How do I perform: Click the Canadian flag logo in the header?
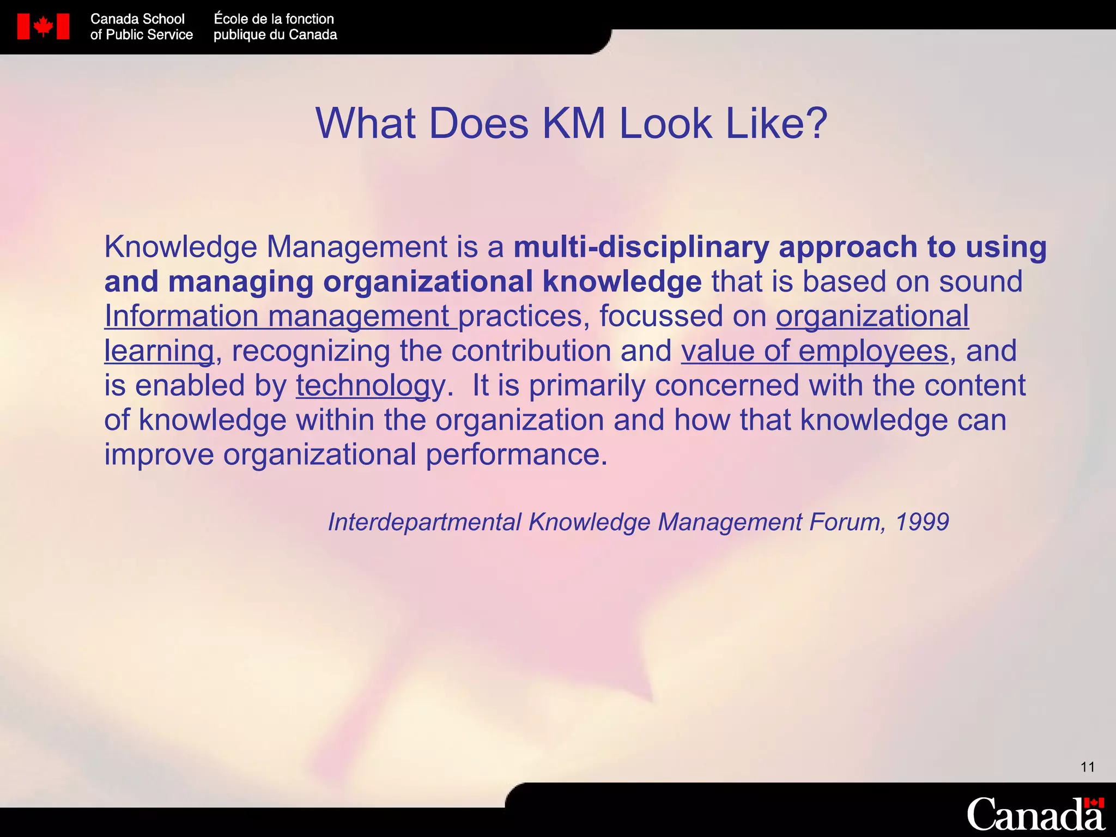click(43, 26)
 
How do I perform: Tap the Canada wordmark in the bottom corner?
click(1035, 814)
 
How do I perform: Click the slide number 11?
click(1088, 767)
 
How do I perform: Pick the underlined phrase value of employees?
click(815, 350)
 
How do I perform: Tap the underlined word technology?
click(371, 385)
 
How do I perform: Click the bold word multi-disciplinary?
click(641, 247)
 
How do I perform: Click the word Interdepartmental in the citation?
click(424, 522)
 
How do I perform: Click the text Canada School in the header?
click(137, 19)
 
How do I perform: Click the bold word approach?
click(848, 247)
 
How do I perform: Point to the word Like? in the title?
click(777, 123)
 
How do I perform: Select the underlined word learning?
click(159, 350)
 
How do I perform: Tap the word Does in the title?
click(478, 123)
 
